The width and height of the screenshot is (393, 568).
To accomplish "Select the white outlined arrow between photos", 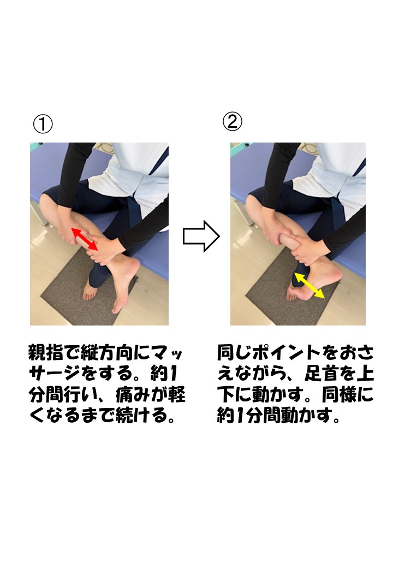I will pyautogui.click(x=200, y=236).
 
